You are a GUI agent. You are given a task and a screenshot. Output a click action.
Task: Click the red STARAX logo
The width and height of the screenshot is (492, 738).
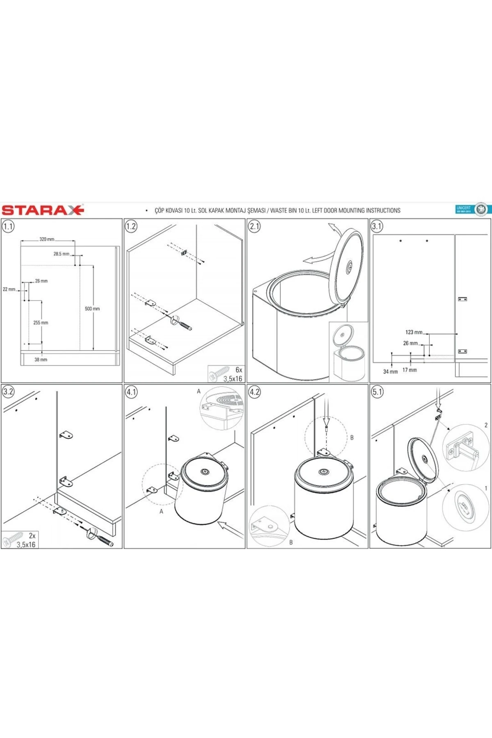coord(43,210)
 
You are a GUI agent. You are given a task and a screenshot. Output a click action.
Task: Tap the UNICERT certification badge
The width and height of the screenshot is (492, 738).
coord(471,209)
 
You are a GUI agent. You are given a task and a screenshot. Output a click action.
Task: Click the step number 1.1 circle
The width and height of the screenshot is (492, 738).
coord(8,226)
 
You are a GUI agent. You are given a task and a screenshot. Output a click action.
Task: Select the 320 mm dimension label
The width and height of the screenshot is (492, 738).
coord(47,239)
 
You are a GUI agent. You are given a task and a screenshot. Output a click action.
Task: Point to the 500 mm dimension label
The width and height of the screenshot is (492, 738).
coord(92,309)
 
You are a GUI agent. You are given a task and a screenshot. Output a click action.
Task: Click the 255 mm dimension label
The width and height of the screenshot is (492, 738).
coord(41,323)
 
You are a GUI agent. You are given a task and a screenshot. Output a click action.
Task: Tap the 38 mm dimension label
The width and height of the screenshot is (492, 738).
coord(41,360)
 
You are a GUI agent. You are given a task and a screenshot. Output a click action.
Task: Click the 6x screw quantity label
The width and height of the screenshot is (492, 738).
coord(239,370)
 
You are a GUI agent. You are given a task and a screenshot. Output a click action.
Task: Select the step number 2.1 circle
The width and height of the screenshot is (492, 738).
coord(255,226)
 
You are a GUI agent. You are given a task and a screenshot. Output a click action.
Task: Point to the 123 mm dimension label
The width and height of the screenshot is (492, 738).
coord(414,332)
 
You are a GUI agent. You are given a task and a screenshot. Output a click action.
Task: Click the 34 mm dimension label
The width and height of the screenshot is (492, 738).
coord(390,371)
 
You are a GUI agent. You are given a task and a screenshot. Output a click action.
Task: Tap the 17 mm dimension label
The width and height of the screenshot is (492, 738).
coord(409,370)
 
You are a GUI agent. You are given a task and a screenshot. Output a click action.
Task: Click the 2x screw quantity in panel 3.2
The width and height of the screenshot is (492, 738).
coord(32,535)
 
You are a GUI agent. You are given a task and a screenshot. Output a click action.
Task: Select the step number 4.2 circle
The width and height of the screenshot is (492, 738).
coord(255,392)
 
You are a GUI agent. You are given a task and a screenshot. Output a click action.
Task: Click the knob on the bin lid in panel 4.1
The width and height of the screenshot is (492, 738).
coord(204,472)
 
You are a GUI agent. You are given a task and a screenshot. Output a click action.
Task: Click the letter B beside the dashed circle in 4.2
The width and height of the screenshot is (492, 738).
coord(351,437)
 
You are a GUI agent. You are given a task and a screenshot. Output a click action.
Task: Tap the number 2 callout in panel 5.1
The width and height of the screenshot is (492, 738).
coord(486,425)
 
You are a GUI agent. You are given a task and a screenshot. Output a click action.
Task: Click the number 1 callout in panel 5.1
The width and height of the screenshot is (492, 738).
coord(486,488)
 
